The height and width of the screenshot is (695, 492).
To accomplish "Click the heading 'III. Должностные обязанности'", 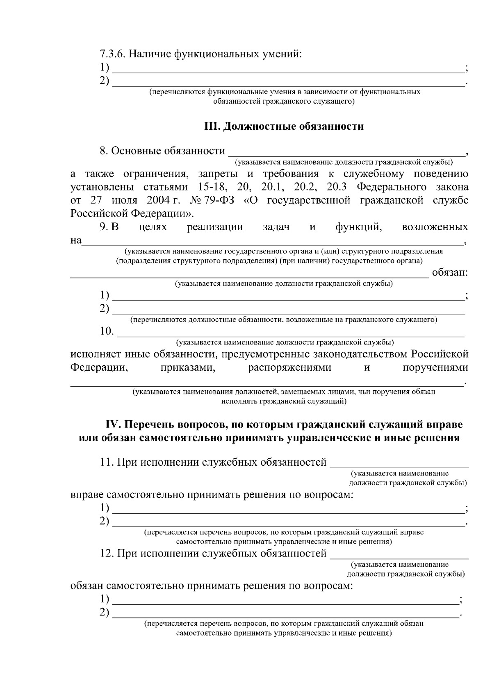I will (x=284, y=126).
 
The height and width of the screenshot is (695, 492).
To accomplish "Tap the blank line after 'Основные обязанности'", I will (x=346, y=154).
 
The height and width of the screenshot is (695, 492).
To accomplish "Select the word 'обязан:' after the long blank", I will (x=450, y=272).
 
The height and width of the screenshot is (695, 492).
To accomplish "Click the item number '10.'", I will (x=107, y=331).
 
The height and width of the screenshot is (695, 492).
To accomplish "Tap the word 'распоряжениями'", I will (x=289, y=367).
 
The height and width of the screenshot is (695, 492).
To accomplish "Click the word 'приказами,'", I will (x=189, y=367).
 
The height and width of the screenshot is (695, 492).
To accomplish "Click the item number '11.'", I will (x=107, y=462).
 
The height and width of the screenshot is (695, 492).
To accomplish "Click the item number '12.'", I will (x=107, y=554).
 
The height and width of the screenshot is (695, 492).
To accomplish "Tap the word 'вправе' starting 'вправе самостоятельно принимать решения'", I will (x=87, y=495).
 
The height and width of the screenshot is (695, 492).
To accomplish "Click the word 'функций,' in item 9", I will (x=359, y=226).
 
